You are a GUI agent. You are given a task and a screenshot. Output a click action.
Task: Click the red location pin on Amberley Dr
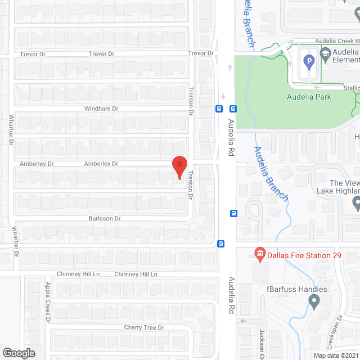[x=179, y=167]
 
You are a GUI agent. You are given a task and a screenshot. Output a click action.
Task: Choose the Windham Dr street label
[x=101, y=108]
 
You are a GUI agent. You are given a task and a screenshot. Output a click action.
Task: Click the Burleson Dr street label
[x=104, y=218]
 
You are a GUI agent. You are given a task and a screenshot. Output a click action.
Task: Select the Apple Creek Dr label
[x=48, y=303]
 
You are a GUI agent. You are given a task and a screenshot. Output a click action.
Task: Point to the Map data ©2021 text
[x=336, y=355]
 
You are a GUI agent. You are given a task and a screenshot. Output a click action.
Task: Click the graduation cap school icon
[x=325, y=53]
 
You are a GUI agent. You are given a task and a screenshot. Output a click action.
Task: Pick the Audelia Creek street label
[x=336, y=40]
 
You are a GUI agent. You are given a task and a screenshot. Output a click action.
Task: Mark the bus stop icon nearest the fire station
[x=222, y=244]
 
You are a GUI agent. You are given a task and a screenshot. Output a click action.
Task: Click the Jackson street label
[x=262, y=344]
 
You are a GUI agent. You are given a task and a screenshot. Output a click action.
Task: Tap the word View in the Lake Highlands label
[x=352, y=183]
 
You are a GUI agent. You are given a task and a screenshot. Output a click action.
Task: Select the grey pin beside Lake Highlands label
[x=355, y=202]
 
